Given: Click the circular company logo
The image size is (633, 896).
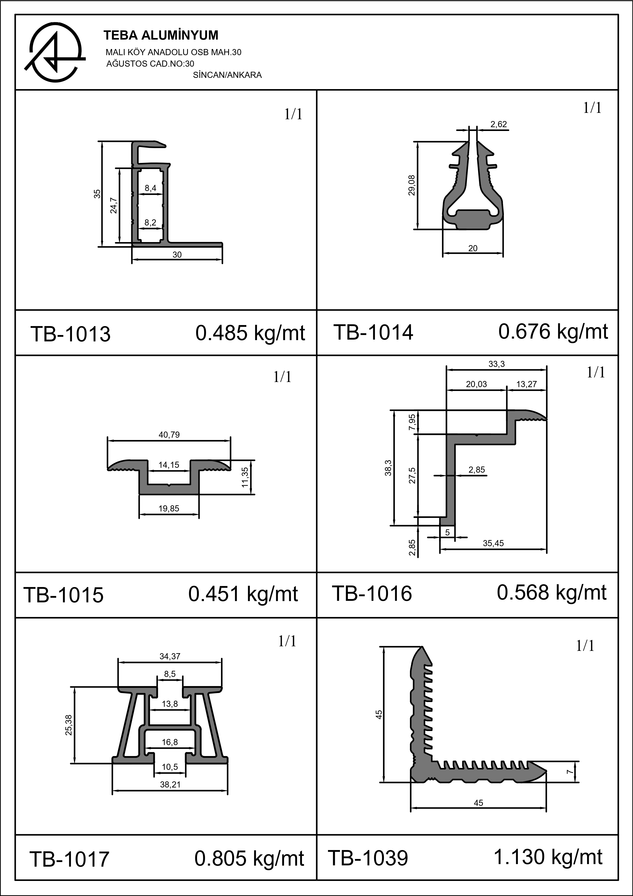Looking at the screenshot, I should [x=56, y=53].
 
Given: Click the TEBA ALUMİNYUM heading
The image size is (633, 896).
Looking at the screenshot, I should [x=161, y=35].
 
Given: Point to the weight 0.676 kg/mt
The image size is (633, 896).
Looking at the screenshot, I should [x=553, y=332].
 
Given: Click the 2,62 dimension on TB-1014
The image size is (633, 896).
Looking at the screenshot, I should [x=498, y=125].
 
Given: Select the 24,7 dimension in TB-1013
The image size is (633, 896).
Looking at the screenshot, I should [x=113, y=205].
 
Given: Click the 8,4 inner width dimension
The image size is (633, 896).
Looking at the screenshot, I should [x=151, y=188].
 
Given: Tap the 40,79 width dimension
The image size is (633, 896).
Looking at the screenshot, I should [x=169, y=435].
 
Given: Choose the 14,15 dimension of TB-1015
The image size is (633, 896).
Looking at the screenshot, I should [x=169, y=465].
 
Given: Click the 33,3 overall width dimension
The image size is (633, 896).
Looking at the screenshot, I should [x=496, y=364].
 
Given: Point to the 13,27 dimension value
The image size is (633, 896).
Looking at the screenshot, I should [x=527, y=384].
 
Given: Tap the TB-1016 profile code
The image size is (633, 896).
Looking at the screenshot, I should [x=372, y=594].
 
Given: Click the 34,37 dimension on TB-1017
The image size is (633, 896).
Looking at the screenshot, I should [x=170, y=656].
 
